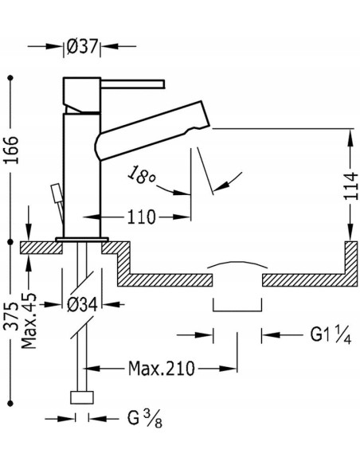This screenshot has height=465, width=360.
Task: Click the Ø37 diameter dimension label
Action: (x=82, y=46)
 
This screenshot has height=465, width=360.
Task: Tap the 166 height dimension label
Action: (x=11, y=150)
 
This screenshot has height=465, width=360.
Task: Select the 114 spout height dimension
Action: (x=352, y=186)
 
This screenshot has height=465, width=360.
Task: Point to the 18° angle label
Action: (x=142, y=175)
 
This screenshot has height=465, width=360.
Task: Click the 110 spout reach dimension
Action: (x=141, y=217)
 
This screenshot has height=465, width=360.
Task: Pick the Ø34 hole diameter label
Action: (x=82, y=305)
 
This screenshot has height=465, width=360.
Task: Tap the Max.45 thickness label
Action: (x=29, y=321)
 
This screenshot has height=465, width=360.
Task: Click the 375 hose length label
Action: (x=11, y=316)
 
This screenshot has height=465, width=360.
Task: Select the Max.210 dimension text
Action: (x=162, y=369)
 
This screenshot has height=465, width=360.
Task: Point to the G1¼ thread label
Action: (x=331, y=334)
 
